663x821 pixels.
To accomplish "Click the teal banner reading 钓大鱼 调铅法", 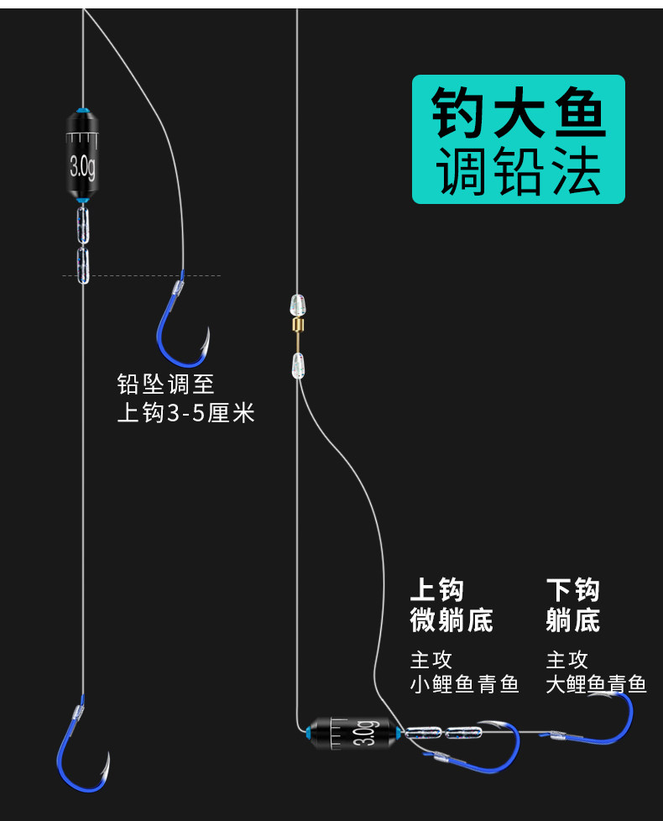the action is pos(518,139).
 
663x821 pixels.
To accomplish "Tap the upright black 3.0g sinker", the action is pos(82,156).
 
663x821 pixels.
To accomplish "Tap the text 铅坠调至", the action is pos(166,384).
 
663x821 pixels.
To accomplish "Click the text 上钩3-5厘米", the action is pos(185,413).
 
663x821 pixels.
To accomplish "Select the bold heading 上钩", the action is pos(436,589).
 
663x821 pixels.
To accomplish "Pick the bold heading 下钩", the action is pos(573,589).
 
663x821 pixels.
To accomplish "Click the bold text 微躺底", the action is pos(452,621).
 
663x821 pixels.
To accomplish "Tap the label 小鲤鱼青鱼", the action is pos(464,685).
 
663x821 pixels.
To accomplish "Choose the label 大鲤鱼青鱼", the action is pos(596,685).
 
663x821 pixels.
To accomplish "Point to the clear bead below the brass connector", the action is pos(295,364).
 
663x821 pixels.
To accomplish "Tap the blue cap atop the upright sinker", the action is pos(81,110).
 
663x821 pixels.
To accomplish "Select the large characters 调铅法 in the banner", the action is pos(518,172).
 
